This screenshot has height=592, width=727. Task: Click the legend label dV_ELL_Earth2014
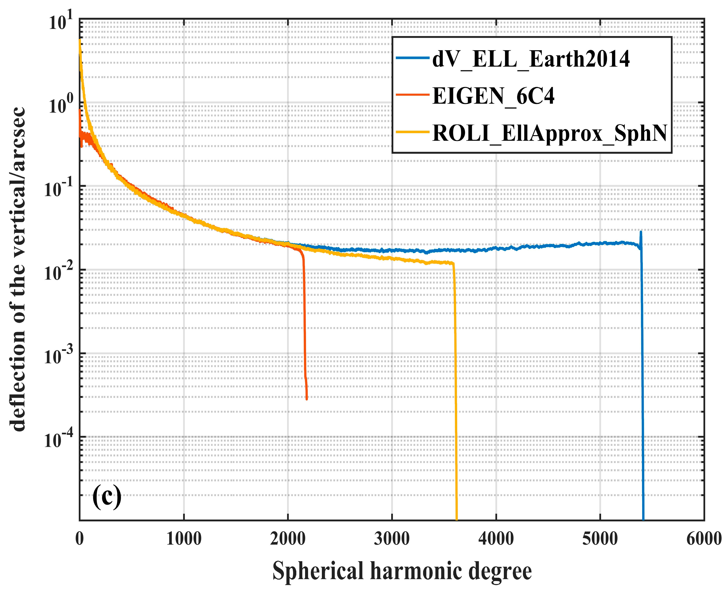tap(531, 59)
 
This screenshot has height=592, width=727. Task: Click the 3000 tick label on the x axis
tap(392, 539)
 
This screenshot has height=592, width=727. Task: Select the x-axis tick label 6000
tap(704, 539)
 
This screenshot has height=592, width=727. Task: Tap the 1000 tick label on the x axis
tap(184, 539)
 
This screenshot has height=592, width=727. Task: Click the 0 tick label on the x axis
tap(80, 539)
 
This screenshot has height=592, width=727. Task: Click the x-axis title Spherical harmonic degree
tap(402, 571)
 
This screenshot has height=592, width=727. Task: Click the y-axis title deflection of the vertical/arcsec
tap(18, 269)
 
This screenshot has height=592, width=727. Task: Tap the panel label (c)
tap(107, 498)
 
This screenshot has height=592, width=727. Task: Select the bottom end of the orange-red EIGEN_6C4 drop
tap(306, 398)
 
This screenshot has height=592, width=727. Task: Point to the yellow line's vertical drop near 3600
tap(455, 392)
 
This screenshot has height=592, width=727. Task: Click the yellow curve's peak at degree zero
tap(80, 40)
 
